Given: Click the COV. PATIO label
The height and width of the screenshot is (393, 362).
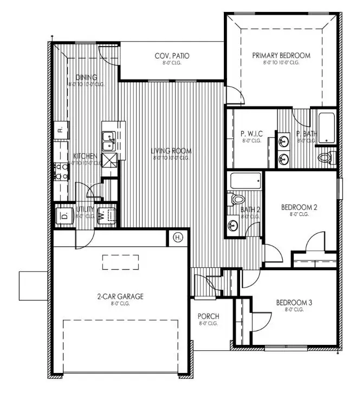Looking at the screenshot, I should click(172, 56).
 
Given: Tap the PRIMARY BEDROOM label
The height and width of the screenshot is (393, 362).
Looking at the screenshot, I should click(281, 56).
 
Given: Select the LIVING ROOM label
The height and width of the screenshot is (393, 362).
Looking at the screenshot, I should click(171, 151).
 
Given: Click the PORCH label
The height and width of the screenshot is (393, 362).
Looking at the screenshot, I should click(208, 317).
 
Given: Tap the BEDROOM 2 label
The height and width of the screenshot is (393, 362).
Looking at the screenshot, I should click(299, 207).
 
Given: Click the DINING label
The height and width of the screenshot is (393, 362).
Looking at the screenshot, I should click(87, 77).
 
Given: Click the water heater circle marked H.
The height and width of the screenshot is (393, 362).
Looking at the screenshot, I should click(179, 237).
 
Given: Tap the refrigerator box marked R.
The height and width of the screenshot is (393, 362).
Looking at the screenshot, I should click(61, 129).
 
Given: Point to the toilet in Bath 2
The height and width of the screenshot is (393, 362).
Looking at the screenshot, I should click(237, 199).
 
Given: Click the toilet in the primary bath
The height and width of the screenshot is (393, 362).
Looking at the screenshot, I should click(324, 158).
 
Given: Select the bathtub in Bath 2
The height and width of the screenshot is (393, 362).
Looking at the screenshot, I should click(245, 181).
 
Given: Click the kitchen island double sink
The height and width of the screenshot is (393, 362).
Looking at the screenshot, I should click(107, 142).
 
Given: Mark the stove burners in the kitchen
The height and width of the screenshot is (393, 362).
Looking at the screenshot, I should click(61, 172).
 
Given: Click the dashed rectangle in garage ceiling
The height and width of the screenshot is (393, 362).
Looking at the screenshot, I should click(119, 262).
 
